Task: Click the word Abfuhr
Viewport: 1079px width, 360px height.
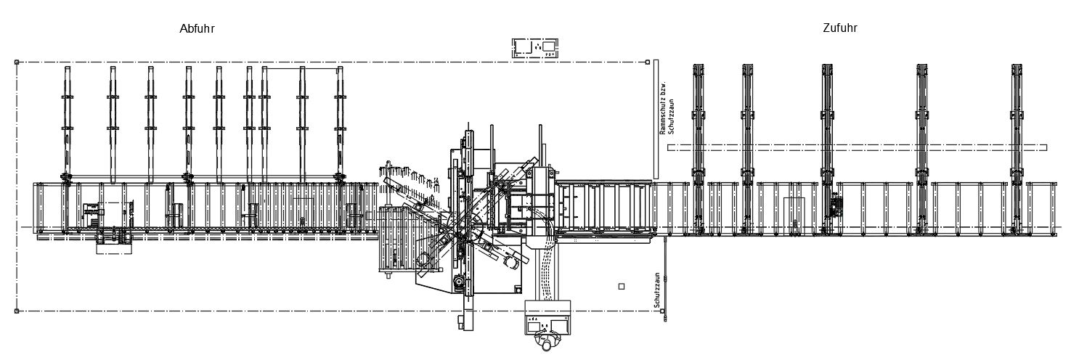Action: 197,29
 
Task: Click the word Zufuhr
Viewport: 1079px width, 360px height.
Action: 839,28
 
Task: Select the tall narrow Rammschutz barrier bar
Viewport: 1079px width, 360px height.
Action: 655,119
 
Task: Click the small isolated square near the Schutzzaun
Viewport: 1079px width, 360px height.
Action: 621,287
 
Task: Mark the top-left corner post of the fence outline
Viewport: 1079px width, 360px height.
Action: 17,62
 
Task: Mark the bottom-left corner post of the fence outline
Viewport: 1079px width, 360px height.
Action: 17,311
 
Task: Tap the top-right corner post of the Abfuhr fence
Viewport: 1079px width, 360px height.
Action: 647,62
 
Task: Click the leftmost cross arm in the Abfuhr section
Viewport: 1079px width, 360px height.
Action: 68,123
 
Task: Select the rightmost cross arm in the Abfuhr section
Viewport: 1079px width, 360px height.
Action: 339,123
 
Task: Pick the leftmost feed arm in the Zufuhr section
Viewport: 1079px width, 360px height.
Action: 699,145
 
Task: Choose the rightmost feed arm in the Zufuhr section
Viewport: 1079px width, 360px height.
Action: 1017,145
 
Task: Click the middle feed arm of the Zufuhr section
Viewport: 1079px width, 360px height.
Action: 827,145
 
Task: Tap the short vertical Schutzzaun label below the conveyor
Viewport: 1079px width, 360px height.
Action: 657,290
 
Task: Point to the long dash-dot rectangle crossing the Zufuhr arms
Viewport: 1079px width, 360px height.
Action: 857,147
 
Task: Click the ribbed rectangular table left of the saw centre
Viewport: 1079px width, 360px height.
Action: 397,240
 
